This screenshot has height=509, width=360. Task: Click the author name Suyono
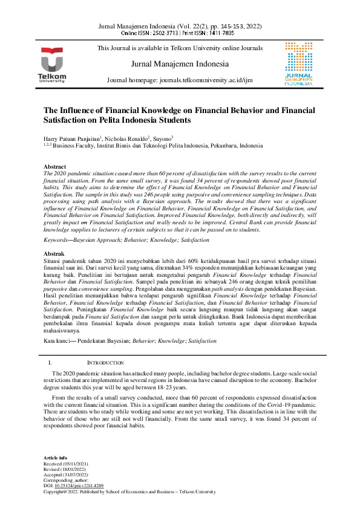pos(163,138)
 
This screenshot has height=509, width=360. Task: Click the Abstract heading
pos(55,166)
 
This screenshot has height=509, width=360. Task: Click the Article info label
pos(56,458)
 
